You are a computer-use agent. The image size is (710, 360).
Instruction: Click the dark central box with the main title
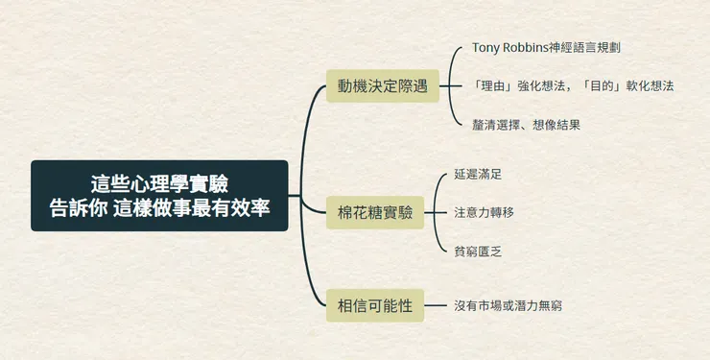click(159, 196)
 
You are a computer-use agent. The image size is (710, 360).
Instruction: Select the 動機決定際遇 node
click(382, 86)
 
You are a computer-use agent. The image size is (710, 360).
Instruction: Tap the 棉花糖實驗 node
click(375, 212)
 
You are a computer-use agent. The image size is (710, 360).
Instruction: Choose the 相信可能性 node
click(375, 305)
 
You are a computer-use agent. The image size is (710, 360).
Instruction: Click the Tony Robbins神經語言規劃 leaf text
click(554, 47)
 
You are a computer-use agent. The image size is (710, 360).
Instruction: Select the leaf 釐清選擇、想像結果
click(526, 124)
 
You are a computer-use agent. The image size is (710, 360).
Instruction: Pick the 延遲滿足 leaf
click(478, 175)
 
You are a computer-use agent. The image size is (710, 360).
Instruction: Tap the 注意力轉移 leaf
click(484, 212)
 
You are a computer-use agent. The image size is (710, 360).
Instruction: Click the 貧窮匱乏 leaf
click(478, 251)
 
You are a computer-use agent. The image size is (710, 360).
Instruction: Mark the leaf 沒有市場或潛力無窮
click(509, 305)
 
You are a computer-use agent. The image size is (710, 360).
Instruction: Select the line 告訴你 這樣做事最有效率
click(159, 207)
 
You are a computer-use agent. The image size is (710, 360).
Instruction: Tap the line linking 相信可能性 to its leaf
click(437, 305)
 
